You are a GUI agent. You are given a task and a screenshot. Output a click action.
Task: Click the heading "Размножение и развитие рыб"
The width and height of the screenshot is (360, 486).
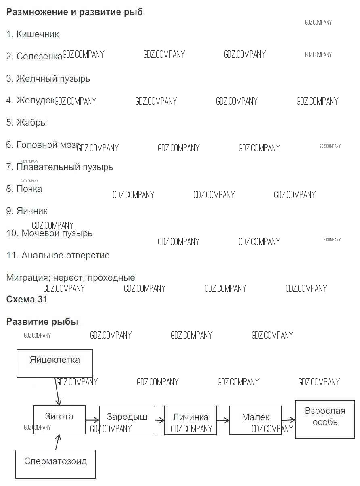(74, 12)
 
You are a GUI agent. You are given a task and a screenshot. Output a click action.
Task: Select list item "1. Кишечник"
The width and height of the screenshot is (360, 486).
(33, 34)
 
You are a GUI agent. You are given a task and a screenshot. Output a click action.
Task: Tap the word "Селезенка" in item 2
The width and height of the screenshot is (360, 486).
(39, 57)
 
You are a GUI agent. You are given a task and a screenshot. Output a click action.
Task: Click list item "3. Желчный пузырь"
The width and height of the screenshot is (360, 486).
(48, 79)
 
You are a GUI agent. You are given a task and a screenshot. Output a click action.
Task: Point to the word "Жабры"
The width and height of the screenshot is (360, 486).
(31, 122)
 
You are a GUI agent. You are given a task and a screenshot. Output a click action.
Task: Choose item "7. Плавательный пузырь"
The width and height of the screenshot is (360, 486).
(59, 167)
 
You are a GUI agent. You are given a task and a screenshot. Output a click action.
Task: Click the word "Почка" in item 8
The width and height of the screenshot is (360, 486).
(29, 189)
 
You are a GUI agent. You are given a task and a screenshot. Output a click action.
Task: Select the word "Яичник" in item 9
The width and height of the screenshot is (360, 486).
(32, 211)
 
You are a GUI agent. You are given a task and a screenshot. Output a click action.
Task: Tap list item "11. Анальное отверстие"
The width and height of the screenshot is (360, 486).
(58, 255)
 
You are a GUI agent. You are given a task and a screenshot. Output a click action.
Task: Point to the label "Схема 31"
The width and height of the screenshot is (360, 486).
(27, 300)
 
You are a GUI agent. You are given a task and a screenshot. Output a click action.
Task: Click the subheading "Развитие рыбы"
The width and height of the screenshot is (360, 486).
(42, 322)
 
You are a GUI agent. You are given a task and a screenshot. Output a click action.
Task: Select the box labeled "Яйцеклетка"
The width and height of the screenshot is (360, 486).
(54, 363)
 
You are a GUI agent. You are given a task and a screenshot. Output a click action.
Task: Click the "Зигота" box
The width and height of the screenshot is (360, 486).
(59, 419)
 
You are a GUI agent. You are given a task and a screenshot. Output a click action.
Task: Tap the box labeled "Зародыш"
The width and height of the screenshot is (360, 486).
(127, 420)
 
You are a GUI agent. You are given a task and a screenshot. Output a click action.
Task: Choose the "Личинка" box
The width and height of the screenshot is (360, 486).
(190, 420)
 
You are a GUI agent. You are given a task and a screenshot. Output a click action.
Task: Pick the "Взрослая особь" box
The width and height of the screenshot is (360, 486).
(325, 419)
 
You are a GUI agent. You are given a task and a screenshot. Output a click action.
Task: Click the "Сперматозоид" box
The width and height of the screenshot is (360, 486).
(55, 464)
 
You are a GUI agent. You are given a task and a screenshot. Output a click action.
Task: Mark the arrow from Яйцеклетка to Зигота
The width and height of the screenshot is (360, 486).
(57, 391)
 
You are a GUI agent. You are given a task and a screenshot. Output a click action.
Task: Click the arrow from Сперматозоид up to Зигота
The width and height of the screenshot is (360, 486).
(58, 442)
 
